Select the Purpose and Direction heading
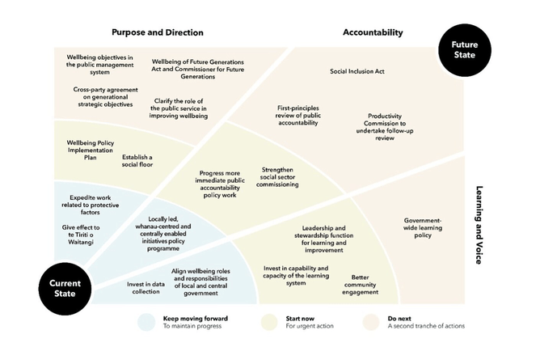click(x=157, y=32)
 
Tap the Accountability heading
click(x=373, y=32)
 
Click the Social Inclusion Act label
click(x=356, y=71)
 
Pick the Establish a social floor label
click(x=137, y=160)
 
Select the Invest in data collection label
click(x=146, y=287)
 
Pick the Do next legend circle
click(x=371, y=321)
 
